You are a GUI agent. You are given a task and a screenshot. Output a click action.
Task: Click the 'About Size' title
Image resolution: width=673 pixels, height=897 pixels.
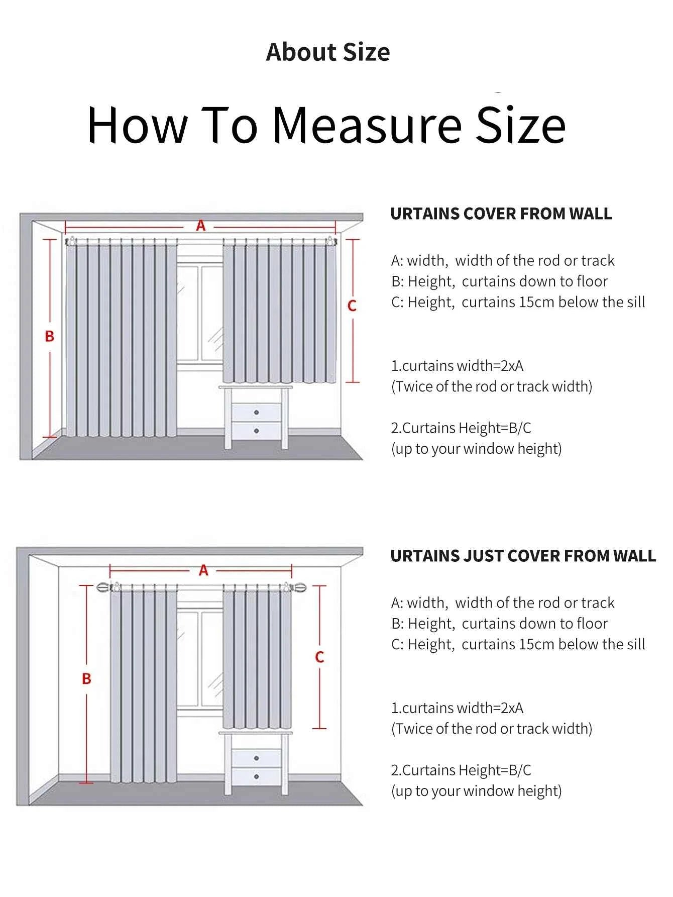click(327, 52)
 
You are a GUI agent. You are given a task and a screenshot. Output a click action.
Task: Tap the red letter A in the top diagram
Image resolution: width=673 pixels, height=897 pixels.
click(201, 226)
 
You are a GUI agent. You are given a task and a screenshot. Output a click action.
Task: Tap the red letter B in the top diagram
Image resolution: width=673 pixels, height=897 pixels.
click(49, 336)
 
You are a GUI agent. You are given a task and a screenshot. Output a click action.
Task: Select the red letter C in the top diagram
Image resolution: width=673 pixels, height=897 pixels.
click(352, 306)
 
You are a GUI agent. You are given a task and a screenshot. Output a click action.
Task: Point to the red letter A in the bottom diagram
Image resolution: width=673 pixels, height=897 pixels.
click(203, 570)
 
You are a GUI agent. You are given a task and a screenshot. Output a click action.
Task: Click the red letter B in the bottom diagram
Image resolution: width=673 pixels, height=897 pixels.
click(86, 679)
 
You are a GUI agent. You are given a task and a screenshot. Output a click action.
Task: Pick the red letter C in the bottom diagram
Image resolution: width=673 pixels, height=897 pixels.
click(319, 657)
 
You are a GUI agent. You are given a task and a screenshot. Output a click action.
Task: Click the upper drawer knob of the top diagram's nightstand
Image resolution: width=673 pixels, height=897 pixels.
click(257, 413)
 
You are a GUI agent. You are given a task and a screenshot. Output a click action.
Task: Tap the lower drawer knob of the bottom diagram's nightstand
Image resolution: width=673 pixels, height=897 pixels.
click(257, 776)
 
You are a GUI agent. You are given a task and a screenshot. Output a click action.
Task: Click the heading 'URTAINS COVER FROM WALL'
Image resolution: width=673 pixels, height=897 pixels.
click(501, 214)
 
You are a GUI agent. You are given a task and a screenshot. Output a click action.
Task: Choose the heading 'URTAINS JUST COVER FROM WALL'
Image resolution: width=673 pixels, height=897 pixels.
click(523, 556)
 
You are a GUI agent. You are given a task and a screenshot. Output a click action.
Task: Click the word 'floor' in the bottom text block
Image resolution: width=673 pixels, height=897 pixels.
click(592, 624)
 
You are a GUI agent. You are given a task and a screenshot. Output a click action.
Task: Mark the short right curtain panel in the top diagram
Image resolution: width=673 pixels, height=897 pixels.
click(279, 312)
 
